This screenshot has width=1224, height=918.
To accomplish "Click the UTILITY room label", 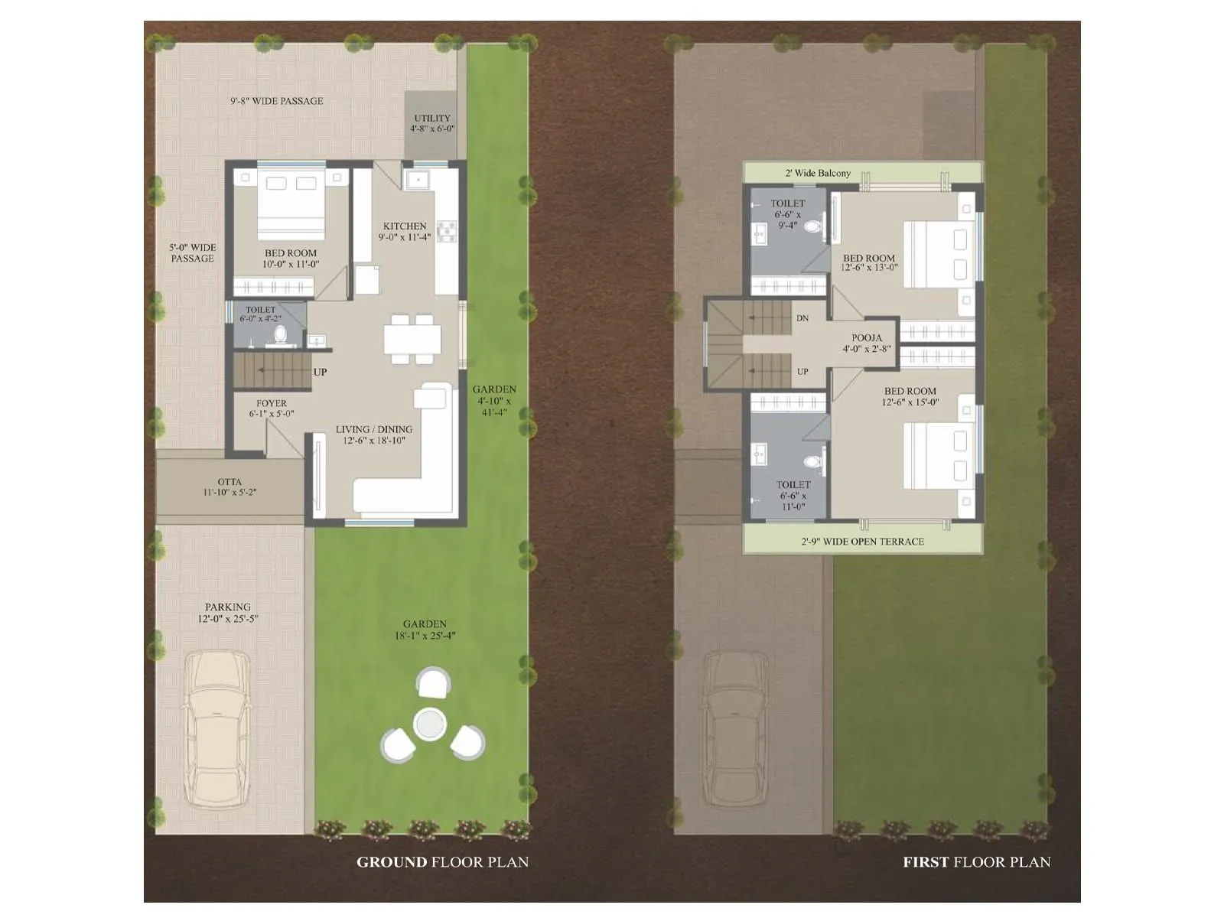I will click(x=432, y=119).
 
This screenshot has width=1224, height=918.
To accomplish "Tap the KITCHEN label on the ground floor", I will click(x=405, y=226).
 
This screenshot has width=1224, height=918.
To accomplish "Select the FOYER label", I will click(x=272, y=403).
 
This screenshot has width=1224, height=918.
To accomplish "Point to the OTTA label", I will click(x=229, y=482).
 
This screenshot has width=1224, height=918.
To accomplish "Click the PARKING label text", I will click(x=228, y=607).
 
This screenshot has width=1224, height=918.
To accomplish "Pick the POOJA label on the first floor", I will click(x=867, y=337).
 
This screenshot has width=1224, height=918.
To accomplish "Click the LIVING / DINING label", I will click(x=374, y=429).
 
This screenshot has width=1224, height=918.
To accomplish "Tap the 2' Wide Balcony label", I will click(x=818, y=173).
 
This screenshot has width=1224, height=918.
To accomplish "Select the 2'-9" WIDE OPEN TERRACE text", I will click(x=863, y=542).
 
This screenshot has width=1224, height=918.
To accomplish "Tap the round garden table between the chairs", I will click(x=429, y=724).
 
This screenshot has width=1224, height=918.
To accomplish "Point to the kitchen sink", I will click(x=418, y=181).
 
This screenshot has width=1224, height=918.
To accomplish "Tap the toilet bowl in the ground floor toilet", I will click(x=281, y=334).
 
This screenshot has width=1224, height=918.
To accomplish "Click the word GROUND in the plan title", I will click(x=392, y=862).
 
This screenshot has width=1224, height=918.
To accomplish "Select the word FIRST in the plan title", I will click(x=926, y=862).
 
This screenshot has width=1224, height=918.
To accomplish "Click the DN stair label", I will click(x=802, y=318).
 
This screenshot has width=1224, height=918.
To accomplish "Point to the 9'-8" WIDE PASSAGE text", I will click(x=277, y=101).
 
